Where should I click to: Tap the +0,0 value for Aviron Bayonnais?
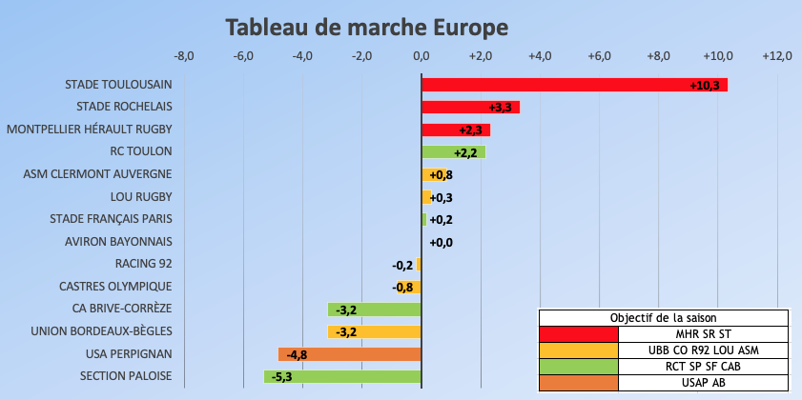pyautogui.click(x=441, y=243)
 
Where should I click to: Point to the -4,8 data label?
pyautogui.click(x=297, y=354)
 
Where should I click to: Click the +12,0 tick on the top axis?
pyautogui.click(x=777, y=57)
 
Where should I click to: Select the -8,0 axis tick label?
pyautogui.click(x=184, y=57)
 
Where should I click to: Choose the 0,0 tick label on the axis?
pyautogui.click(x=422, y=57)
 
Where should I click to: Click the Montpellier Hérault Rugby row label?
pyautogui.click(x=90, y=129)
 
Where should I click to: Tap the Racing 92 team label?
pyautogui.click(x=143, y=264)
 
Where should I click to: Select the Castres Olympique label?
pyautogui.click(x=115, y=286)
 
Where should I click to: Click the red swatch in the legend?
pyautogui.click(x=579, y=334)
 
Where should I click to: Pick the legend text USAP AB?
pyautogui.click(x=704, y=383)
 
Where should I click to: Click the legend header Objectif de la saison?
pyautogui.click(x=664, y=318)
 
